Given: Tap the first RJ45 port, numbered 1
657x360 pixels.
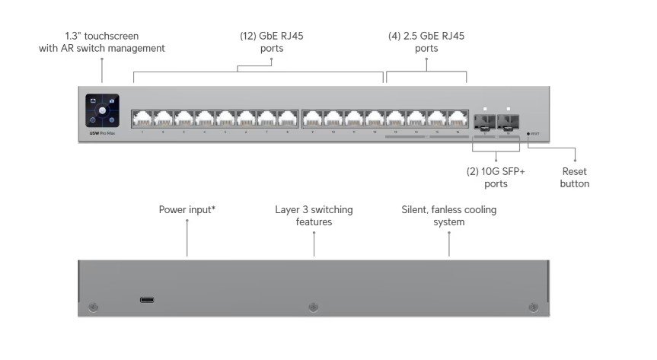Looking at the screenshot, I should (142, 119).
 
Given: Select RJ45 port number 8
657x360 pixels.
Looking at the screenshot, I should (287, 119).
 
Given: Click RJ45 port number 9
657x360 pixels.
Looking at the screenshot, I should (312, 119).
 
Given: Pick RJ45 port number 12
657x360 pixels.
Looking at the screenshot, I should (375, 119).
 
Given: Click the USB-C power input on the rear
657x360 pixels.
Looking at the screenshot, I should (147, 299).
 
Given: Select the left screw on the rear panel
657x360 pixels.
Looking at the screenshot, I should (94, 307).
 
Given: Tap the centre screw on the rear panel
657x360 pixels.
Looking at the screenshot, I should (313, 307).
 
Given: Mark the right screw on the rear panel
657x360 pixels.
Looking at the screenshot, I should (532, 307).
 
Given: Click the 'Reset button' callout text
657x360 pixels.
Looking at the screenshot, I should (574, 177).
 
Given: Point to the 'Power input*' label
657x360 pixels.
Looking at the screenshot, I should (187, 209).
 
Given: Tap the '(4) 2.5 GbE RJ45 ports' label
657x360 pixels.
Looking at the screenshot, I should (426, 41).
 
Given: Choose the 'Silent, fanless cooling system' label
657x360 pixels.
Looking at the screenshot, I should (449, 215).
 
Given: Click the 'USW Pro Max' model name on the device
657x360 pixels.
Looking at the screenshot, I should (101, 133).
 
